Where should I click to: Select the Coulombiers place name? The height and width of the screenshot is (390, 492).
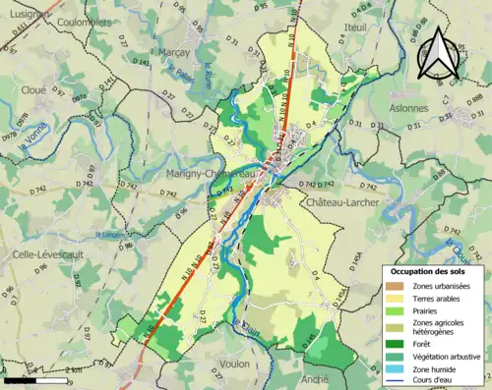point(84,20)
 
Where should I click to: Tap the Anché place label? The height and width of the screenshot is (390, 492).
point(317,378)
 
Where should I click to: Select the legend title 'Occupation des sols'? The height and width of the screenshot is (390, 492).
point(432,271)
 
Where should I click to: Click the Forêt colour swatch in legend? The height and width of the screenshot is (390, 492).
point(399,344)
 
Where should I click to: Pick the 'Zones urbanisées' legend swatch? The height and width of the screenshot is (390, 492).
point(399,286)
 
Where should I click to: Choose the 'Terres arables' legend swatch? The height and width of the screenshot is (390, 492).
point(399,298)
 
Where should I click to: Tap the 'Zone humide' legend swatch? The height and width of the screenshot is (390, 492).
point(399,369)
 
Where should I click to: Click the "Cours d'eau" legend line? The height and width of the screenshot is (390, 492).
point(399,381)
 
